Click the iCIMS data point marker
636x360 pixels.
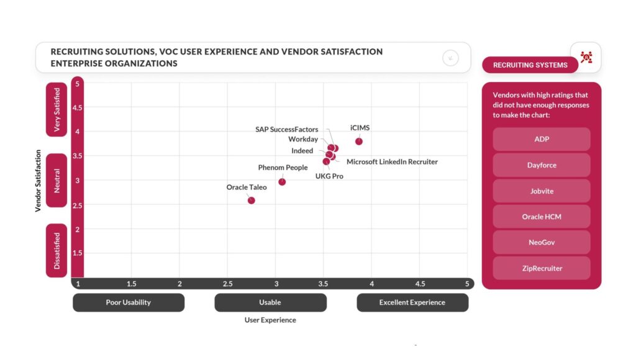(359, 142)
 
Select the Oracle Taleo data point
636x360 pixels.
(251, 200)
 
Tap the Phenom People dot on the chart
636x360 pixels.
(282, 182)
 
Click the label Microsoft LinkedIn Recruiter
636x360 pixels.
(392, 162)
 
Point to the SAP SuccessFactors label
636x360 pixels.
(286, 130)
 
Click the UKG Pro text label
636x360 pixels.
(329, 176)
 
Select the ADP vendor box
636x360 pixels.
(542, 139)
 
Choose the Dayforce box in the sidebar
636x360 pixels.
(542, 165)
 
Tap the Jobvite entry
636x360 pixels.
(542, 191)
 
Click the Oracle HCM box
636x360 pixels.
(542, 217)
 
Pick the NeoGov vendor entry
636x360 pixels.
(542, 243)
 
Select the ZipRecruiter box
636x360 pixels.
(542, 268)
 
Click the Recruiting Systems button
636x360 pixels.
(530, 65)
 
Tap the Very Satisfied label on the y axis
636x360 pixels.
(57, 110)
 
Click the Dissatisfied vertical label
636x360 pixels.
(57, 250)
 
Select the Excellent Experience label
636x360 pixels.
(412, 302)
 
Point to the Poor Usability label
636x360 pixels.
(129, 302)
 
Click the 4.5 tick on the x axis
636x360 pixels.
(420, 284)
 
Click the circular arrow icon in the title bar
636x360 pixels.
(450, 58)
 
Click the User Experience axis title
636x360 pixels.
(270, 320)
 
